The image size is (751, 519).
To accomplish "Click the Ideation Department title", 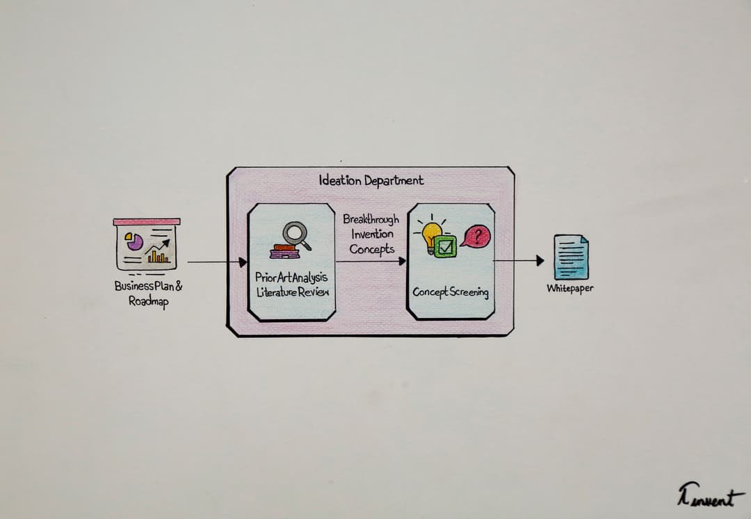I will tap(371, 180).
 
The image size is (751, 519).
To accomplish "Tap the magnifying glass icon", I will tap(296, 233).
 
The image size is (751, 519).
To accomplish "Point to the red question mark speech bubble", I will tap(476, 237).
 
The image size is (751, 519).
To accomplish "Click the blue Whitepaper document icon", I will tap(570, 257).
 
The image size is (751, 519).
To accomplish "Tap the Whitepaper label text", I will tap(570, 288).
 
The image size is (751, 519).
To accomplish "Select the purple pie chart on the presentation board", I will tap(134, 241).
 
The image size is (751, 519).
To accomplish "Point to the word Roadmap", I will tap(148, 301).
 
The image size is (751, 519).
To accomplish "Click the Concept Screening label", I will tap(451, 292).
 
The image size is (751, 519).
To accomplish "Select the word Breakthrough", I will tap(371, 219).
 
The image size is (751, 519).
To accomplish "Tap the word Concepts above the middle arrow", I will tap(371, 249).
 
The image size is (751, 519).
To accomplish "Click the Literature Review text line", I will tap(292, 292).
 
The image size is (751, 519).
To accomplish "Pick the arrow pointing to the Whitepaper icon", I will tap(519, 261).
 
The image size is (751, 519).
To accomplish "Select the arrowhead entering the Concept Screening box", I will tap(402, 262).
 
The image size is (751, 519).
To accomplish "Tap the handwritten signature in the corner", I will tap(705, 497).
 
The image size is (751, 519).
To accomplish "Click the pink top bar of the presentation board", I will tap(147, 221).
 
